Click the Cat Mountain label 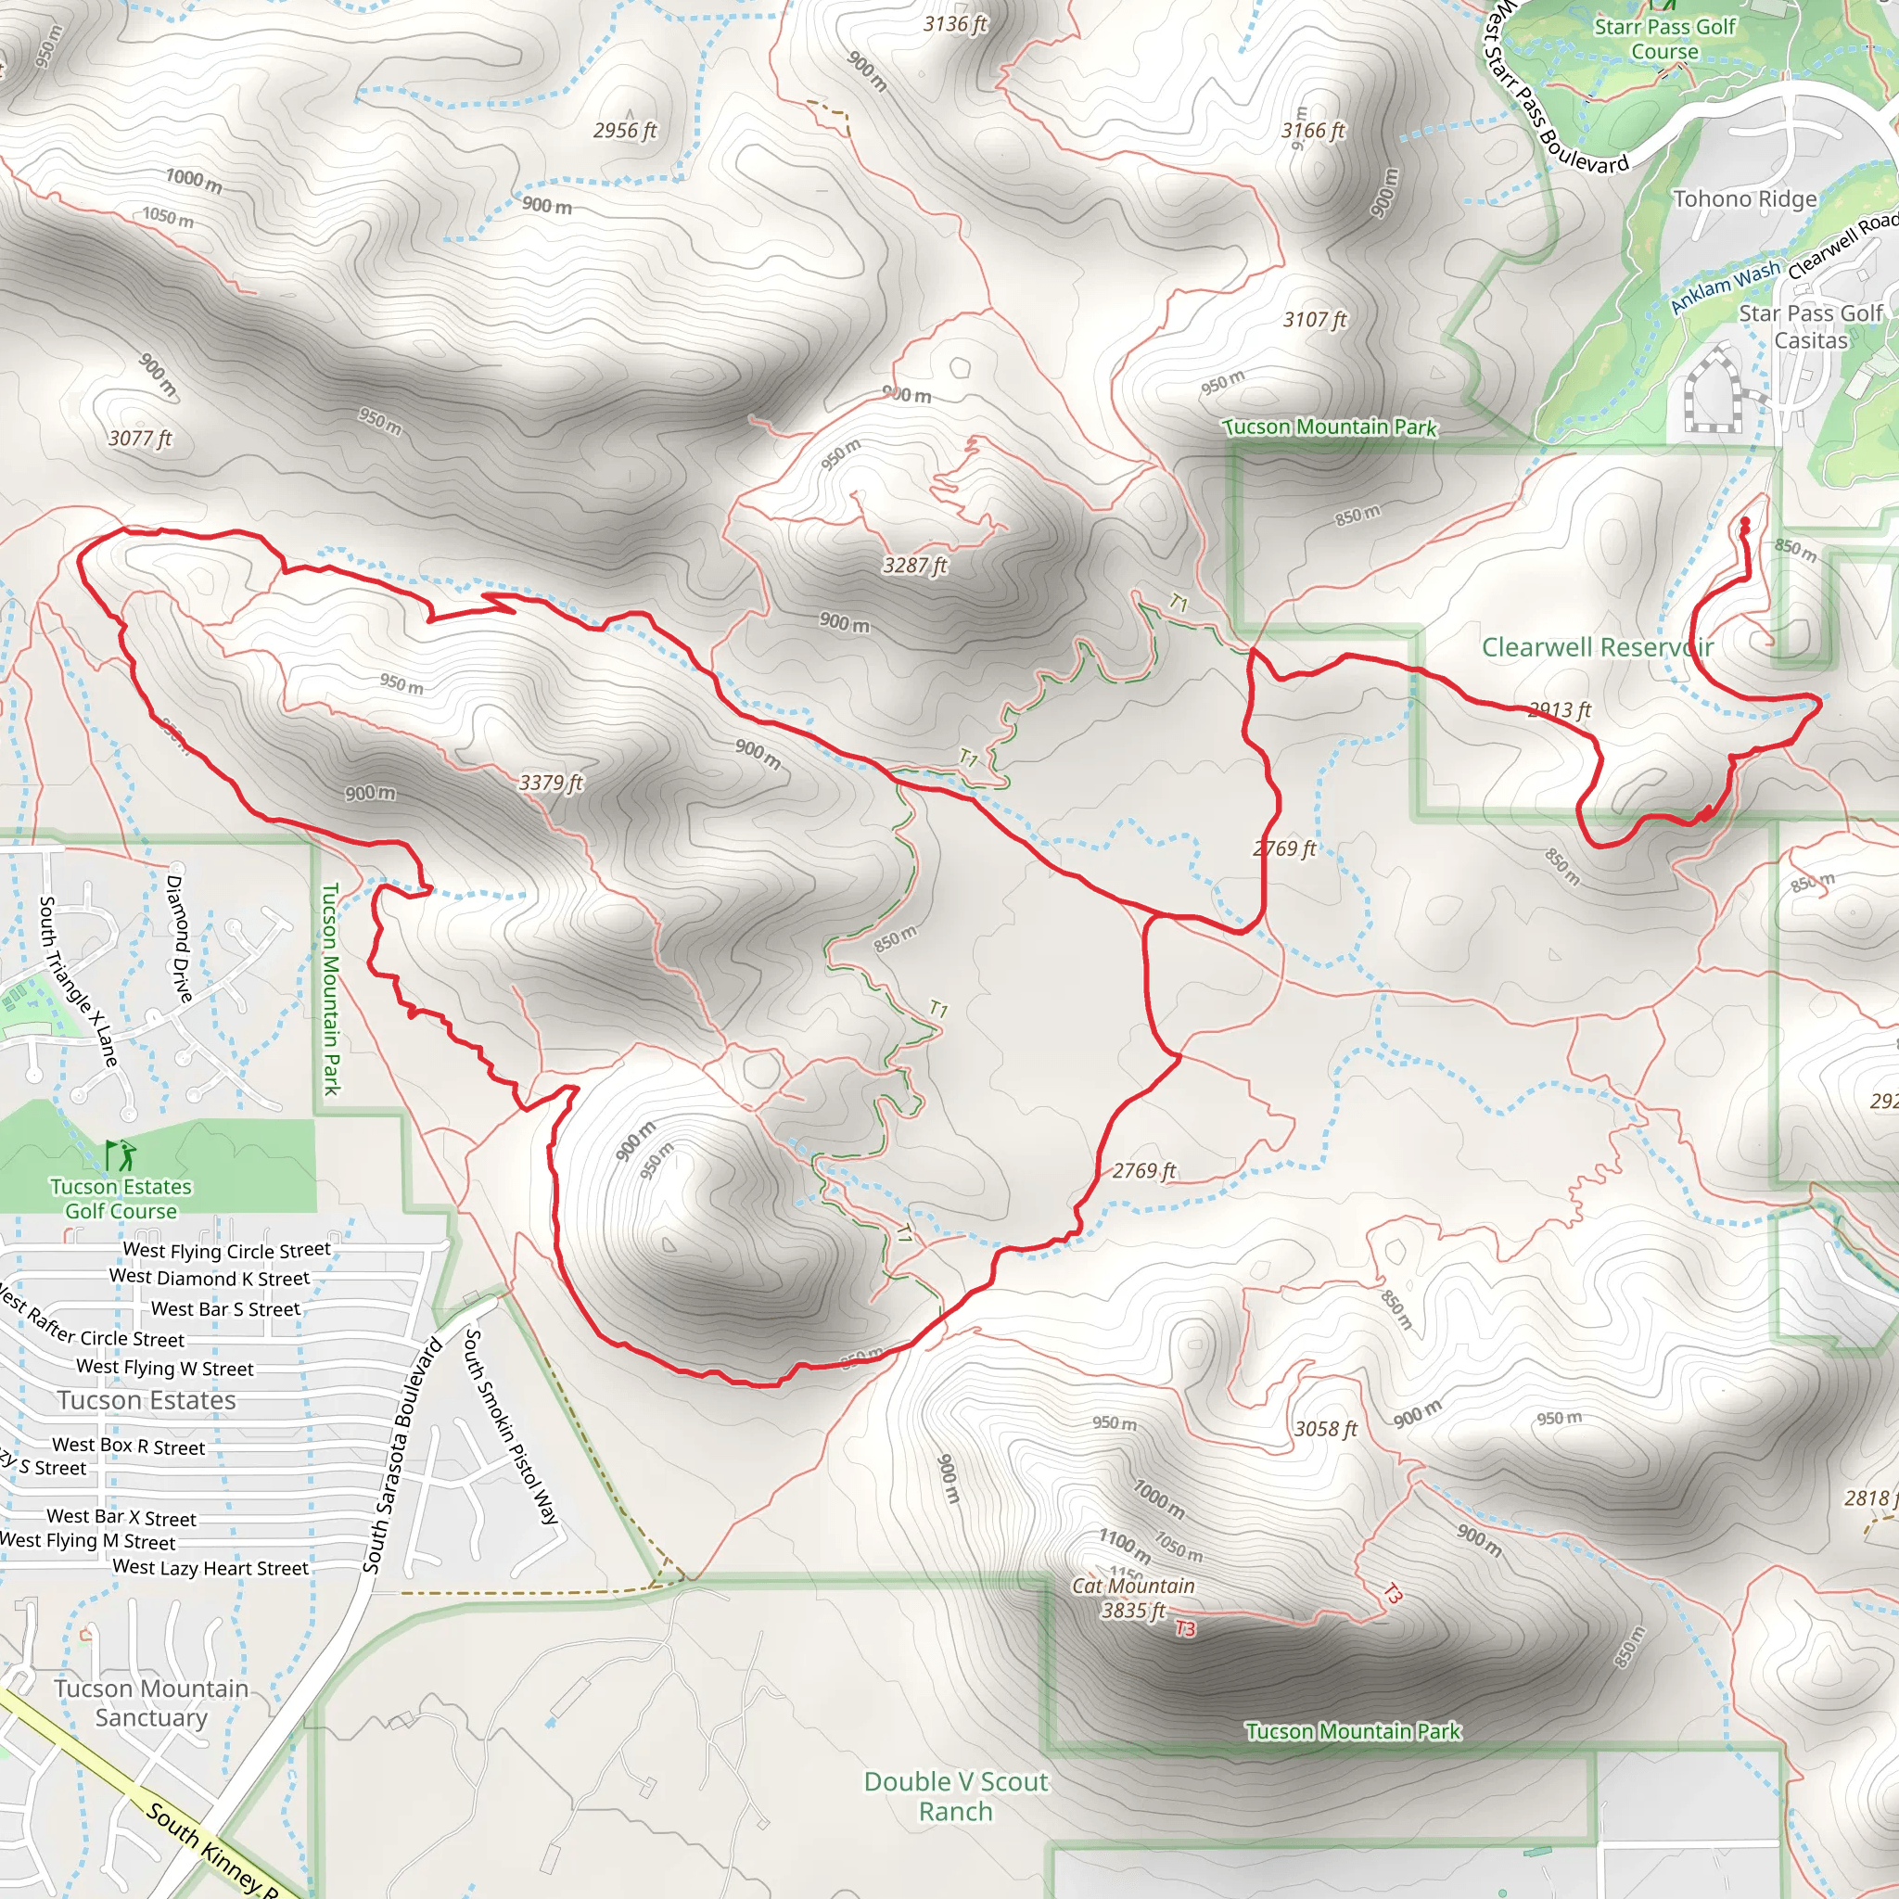pos(1133,1586)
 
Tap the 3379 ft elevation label pos(551,783)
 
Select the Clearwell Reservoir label pos(1598,647)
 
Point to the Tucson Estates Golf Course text pos(121,1199)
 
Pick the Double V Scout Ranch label pos(955,1796)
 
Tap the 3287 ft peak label pos(914,566)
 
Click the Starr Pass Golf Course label pos(1665,39)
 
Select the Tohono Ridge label pos(1745,198)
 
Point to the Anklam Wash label pos(1725,286)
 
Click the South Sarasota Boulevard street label pos(403,1456)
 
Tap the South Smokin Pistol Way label pos(510,1426)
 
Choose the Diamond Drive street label pos(179,937)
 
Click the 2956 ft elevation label pos(625,131)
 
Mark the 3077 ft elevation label pos(140,439)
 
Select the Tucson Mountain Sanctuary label pos(151,1702)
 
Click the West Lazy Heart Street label pos(210,1568)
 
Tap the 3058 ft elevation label pos(1325,1428)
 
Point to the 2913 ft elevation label pos(1559,709)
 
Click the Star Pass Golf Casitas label pos(1811,326)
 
